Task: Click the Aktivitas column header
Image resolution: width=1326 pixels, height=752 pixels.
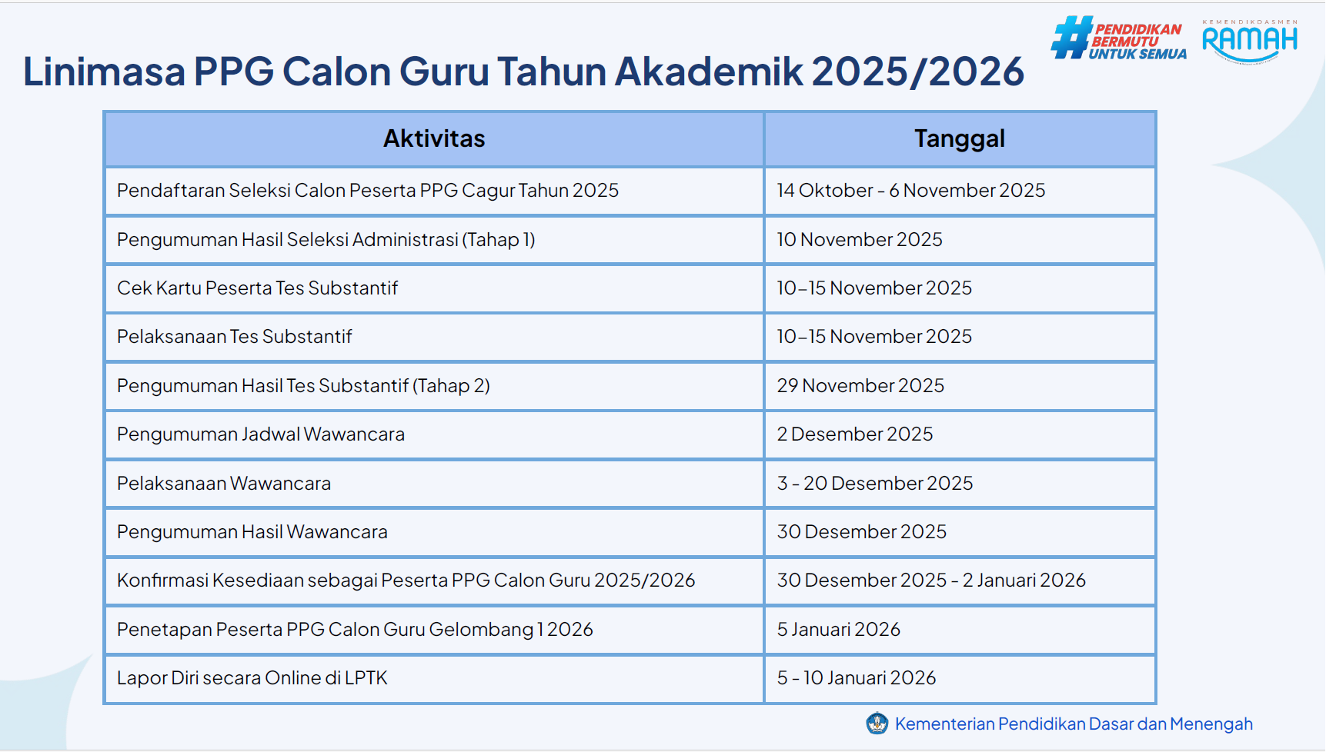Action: (434, 139)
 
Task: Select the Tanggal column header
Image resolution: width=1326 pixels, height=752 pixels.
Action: (960, 139)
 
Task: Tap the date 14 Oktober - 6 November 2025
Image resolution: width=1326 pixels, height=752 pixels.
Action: (911, 191)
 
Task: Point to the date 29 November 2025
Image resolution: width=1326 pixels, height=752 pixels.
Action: (860, 385)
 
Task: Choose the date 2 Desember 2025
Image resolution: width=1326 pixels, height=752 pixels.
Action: (855, 434)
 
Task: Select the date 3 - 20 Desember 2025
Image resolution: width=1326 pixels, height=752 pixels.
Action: (875, 483)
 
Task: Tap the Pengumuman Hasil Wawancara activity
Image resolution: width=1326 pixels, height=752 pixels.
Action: (252, 532)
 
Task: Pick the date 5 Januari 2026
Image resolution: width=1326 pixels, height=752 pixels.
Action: (839, 630)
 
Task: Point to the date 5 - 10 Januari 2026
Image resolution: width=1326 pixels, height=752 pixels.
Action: (857, 678)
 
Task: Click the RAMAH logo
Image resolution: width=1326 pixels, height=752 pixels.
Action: (1250, 42)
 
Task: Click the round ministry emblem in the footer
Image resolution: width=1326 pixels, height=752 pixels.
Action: (877, 724)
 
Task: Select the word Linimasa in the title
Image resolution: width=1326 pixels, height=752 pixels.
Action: (104, 72)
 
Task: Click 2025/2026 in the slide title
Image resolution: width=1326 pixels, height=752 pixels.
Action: (918, 72)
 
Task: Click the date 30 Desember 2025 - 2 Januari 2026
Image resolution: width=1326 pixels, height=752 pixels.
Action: (931, 581)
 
